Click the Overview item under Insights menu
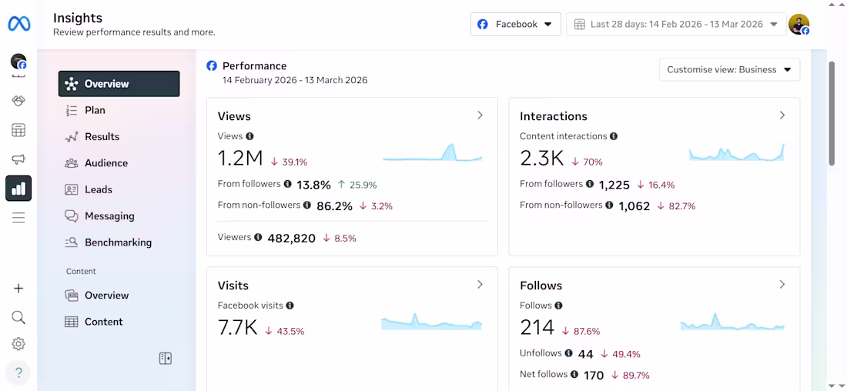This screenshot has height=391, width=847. (x=119, y=84)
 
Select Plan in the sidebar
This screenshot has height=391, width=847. (x=94, y=110)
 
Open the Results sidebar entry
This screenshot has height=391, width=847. (x=102, y=136)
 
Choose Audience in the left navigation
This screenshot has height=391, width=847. (x=105, y=163)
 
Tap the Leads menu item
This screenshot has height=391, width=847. (x=98, y=189)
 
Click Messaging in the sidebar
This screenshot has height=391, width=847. (x=109, y=216)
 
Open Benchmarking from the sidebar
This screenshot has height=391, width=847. (x=117, y=242)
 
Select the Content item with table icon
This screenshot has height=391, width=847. (x=103, y=322)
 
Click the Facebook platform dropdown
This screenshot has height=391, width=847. (x=515, y=24)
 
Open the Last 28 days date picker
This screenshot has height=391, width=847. (x=676, y=24)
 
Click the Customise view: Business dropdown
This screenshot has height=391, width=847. (x=729, y=69)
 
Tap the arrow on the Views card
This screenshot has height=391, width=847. (x=480, y=115)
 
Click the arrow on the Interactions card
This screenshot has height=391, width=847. (x=782, y=115)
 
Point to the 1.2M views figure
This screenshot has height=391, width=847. (x=240, y=159)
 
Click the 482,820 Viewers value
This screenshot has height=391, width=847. (x=291, y=239)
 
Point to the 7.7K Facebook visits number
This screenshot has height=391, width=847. (x=237, y=327)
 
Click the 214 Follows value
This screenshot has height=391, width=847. (x=537, y=327)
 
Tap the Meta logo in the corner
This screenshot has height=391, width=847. (x=19, y=24)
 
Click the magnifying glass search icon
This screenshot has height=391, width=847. (x=18, y=317)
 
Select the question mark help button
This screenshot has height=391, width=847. (x=18, y=373)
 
